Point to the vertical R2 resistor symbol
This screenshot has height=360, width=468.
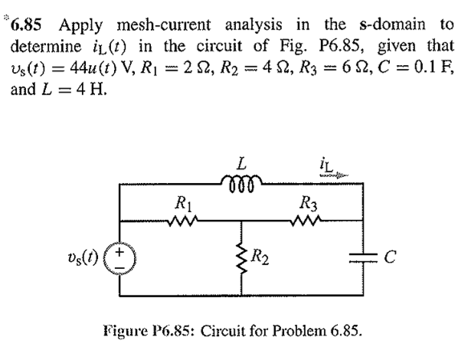coord(243,257)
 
